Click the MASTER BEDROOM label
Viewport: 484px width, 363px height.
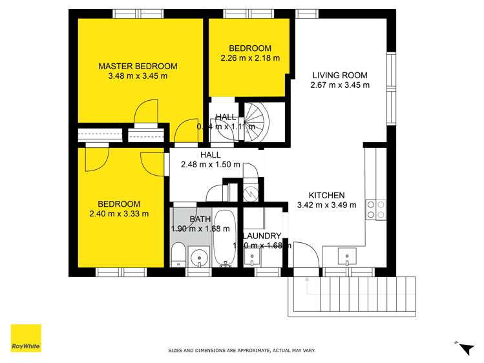point(137,66)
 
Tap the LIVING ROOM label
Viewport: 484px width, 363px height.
point(330,74)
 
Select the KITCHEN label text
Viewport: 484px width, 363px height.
point(326,195)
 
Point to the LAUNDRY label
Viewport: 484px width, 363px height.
point(262,236)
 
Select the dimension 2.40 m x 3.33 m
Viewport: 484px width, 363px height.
point(119,214)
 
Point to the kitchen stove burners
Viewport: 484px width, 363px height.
point(376,209)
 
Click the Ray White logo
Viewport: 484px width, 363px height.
point(26,338)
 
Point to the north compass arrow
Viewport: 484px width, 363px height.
point(464,348)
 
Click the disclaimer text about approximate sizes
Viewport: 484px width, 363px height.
point(242,351)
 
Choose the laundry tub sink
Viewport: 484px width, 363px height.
point(252,257)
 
